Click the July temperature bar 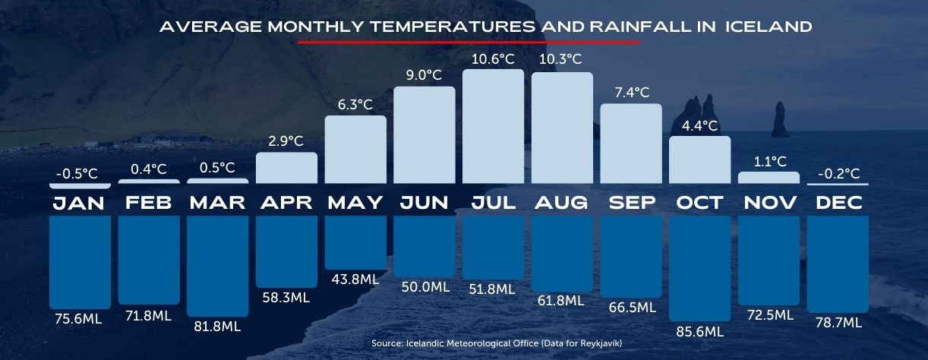[493, 126]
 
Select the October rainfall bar [699, 267]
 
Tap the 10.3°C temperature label [561, 58]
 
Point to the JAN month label [80, 204]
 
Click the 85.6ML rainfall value [699, 331]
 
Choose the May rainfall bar [355, 242]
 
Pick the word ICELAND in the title [769, 27]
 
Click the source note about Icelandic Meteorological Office [497, 344]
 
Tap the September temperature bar [631, 144]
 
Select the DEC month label [838, 204]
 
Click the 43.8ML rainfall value [355, 279]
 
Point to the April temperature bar [286, 168]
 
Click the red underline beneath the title [469, 42]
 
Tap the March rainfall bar [217, 265]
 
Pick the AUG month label [561, 204]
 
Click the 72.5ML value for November [769, 314]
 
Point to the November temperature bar [769, 178]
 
